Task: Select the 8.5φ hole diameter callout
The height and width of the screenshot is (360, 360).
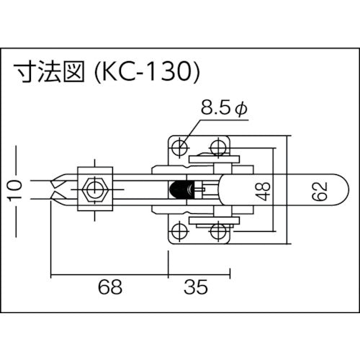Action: [x=223, y=110]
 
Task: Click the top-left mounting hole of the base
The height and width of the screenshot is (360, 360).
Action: [x=176, y=148]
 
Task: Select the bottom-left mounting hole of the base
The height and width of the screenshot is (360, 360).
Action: [x=176, y=232]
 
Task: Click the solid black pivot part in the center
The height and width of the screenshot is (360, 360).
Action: [x=176, y=190]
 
